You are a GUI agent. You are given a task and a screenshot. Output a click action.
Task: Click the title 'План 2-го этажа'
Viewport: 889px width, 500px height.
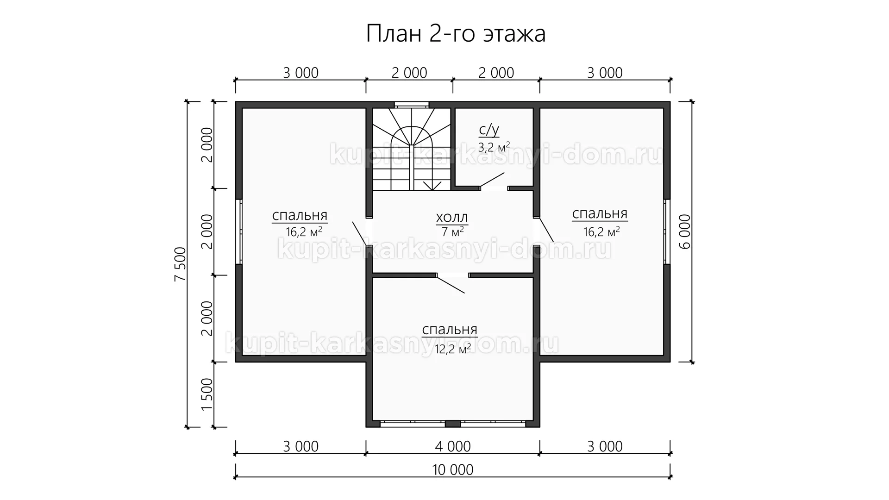click(456, 34)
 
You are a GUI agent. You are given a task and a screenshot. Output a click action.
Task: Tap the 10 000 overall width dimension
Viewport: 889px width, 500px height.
click(453, 469)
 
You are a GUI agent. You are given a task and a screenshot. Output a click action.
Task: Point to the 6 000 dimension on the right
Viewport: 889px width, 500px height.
click(685, 231)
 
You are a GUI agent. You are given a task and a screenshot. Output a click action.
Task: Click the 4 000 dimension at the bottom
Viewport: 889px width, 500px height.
click(453, 446)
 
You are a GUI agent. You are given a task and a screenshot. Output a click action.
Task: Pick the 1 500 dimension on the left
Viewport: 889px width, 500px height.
click(207, 394)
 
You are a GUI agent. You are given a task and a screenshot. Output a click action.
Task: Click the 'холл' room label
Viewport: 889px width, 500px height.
click(452, 217)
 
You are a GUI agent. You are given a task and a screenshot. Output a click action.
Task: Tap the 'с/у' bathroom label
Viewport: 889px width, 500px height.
click(489, 130)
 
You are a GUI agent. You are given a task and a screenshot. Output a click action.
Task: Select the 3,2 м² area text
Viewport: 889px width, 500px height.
click(494, 147)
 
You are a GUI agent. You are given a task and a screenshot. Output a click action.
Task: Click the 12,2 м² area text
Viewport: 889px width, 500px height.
click(453, 349)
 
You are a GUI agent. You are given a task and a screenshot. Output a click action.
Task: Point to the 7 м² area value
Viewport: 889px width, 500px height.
click(450, 231)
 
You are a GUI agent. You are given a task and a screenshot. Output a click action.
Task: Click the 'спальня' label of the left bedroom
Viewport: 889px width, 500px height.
click(300, 216)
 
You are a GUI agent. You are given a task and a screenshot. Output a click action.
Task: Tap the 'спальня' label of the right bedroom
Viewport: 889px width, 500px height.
click(600, 214)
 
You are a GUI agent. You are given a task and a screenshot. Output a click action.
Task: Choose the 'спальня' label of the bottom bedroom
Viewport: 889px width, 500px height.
click(450, 330)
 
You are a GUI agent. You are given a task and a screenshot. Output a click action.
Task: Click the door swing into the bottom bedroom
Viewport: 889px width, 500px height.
click(451, 285)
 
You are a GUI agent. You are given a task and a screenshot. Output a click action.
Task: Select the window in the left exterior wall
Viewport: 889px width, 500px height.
click(239, 231)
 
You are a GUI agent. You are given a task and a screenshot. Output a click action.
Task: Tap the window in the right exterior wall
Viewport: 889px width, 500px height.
click(667, 231)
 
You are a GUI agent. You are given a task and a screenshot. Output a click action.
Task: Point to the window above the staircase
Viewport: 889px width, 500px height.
click(411, 105)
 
